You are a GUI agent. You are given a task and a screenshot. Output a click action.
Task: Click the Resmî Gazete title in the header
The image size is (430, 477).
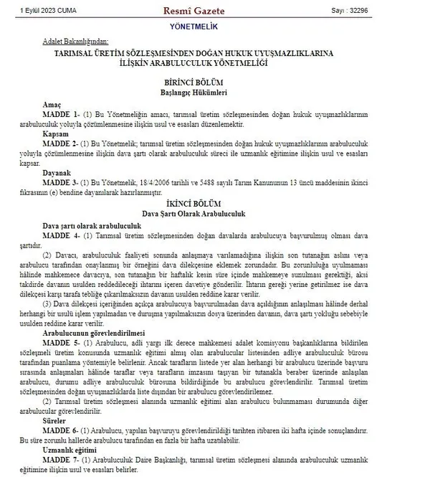point(215,10)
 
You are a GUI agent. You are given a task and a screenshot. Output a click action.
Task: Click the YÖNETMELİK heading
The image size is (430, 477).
point(214,27)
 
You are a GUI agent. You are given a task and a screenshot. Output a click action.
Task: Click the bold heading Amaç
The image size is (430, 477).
point(52,104)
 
